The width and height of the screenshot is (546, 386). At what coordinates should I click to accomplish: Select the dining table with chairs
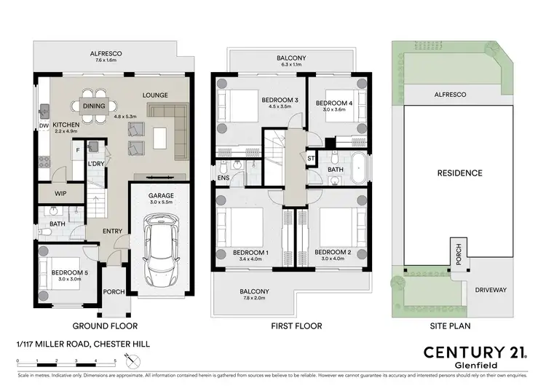pos(93,106)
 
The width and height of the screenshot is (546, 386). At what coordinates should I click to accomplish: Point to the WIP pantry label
pos(61,194)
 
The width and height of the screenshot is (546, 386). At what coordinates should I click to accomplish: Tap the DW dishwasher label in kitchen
pos(43,124)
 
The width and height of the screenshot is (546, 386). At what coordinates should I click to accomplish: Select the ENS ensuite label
pos(223,177)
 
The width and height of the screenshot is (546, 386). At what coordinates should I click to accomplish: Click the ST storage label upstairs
pos(311,157)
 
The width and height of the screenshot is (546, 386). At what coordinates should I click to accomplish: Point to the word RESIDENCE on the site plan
pos(459,173)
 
